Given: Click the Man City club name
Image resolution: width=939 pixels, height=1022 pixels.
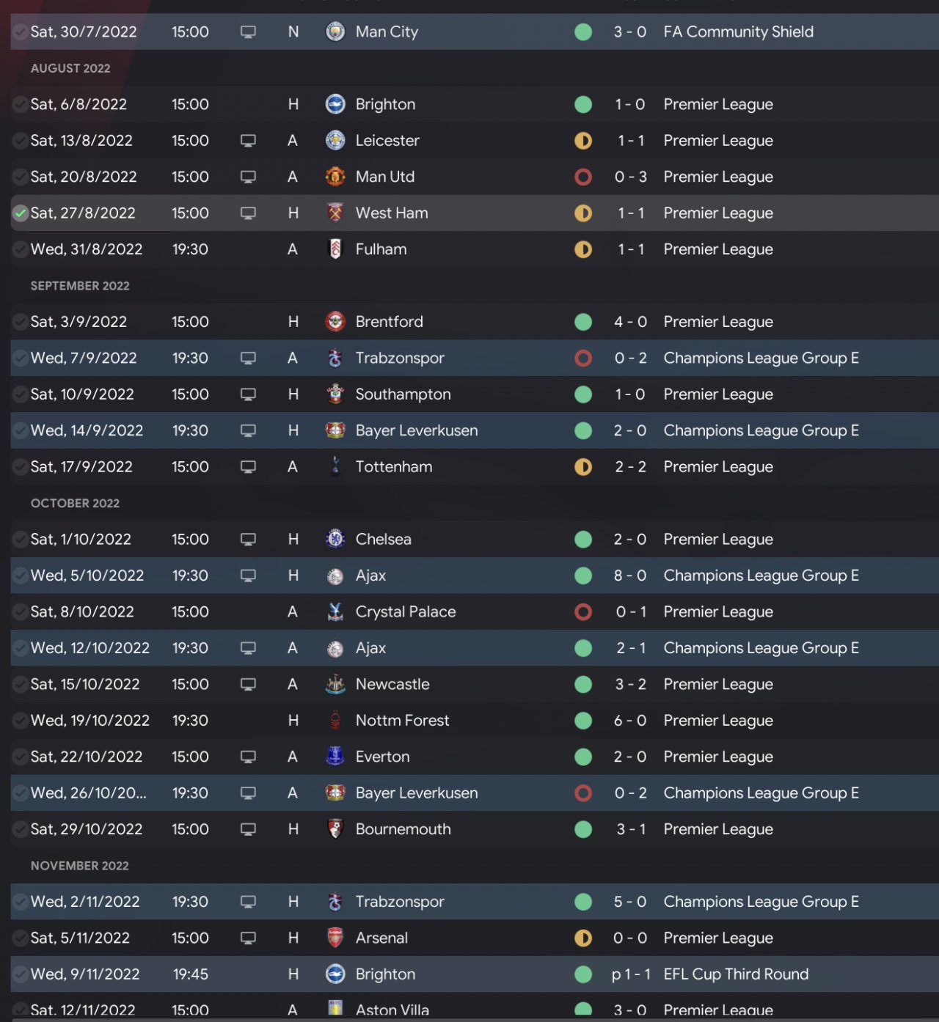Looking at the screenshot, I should pos(387,32).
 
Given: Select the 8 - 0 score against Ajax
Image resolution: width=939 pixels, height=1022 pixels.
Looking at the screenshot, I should pos(629,576).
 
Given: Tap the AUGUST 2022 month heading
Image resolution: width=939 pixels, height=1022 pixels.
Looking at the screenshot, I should pos(70,68).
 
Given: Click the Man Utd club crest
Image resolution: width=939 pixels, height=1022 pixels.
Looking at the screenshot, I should pos(335,177).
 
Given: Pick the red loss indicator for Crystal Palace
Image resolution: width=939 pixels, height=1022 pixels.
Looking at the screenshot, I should pos(583,611).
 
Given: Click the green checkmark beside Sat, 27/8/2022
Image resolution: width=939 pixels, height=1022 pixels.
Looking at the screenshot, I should pos(21,213).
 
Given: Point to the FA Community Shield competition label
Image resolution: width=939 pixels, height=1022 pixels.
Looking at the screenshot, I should pos(738,32).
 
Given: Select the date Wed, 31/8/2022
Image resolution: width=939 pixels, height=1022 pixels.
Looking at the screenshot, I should pos(87,249).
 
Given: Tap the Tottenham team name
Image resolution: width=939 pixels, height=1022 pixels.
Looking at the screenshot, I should pos(394,467).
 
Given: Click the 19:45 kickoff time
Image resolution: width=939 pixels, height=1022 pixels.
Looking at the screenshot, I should pos(190,974).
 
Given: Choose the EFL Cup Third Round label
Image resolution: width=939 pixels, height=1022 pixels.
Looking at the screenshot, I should pos(736,974).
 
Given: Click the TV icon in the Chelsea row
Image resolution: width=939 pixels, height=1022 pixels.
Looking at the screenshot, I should pos(249,540).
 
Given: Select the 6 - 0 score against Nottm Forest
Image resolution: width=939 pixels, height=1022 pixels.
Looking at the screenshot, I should pos(629,721).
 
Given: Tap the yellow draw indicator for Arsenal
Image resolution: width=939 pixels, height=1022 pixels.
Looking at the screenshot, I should pos(583,938).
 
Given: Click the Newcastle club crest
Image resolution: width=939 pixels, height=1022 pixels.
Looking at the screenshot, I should pos(335,684).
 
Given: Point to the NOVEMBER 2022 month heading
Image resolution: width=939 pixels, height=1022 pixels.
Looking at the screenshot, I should pos(80,866).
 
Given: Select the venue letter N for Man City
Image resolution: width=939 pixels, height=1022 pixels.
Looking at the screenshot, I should pos(293,32).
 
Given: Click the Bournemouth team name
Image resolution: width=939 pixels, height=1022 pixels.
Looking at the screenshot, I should pos(403,829).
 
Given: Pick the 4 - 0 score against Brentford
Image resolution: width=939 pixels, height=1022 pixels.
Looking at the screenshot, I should pos(629,322).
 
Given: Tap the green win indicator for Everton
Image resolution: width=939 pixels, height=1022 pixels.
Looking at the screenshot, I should pos(583,757).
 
